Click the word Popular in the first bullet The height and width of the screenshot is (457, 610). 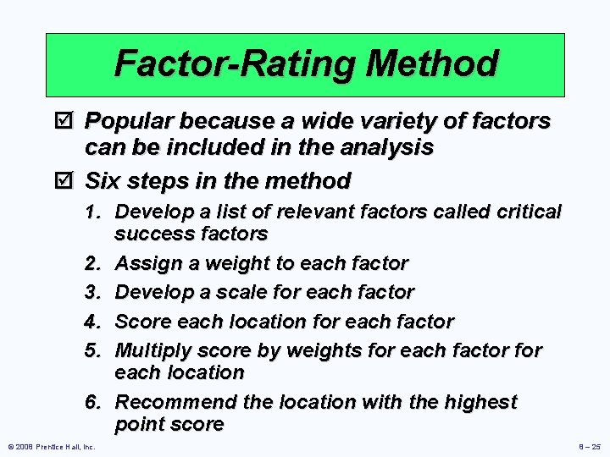[131, 122]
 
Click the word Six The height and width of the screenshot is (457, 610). [104, 181]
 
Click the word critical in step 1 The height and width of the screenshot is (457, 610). [530, 212]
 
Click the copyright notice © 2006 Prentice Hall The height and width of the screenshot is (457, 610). [51, 446]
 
